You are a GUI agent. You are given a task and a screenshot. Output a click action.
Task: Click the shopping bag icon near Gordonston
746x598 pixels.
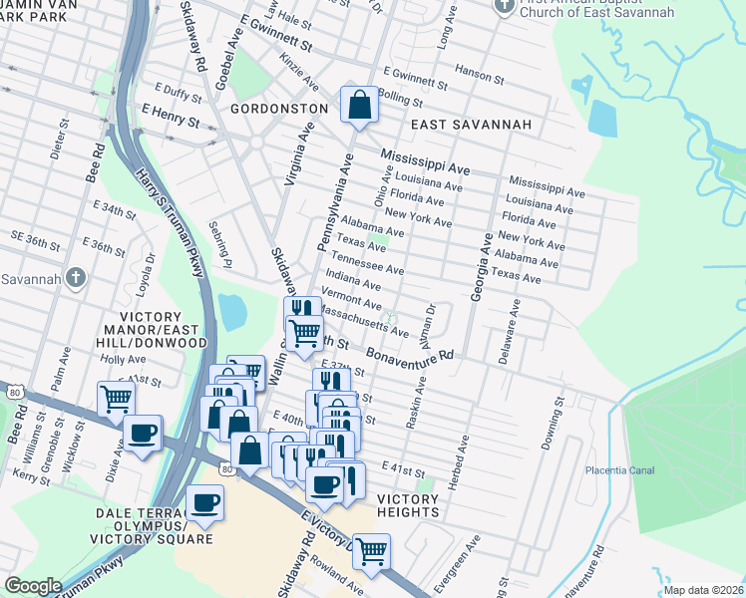pos(358,103)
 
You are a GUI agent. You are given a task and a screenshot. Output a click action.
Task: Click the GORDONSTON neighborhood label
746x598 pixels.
pos(279,108)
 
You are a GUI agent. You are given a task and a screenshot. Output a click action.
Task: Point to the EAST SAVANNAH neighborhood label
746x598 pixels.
pos(469,126)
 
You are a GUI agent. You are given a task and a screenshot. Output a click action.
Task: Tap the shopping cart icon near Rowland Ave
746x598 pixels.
pos(371,549)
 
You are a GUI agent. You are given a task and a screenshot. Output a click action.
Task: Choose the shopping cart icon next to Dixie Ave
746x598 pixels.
pos(116,398)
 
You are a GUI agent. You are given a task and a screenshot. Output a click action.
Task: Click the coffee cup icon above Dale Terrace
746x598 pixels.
pos(204,501)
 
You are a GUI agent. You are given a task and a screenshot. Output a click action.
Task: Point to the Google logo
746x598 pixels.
pos(33,586)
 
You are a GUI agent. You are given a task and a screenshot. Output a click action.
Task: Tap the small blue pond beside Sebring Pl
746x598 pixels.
pos(232,312)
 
